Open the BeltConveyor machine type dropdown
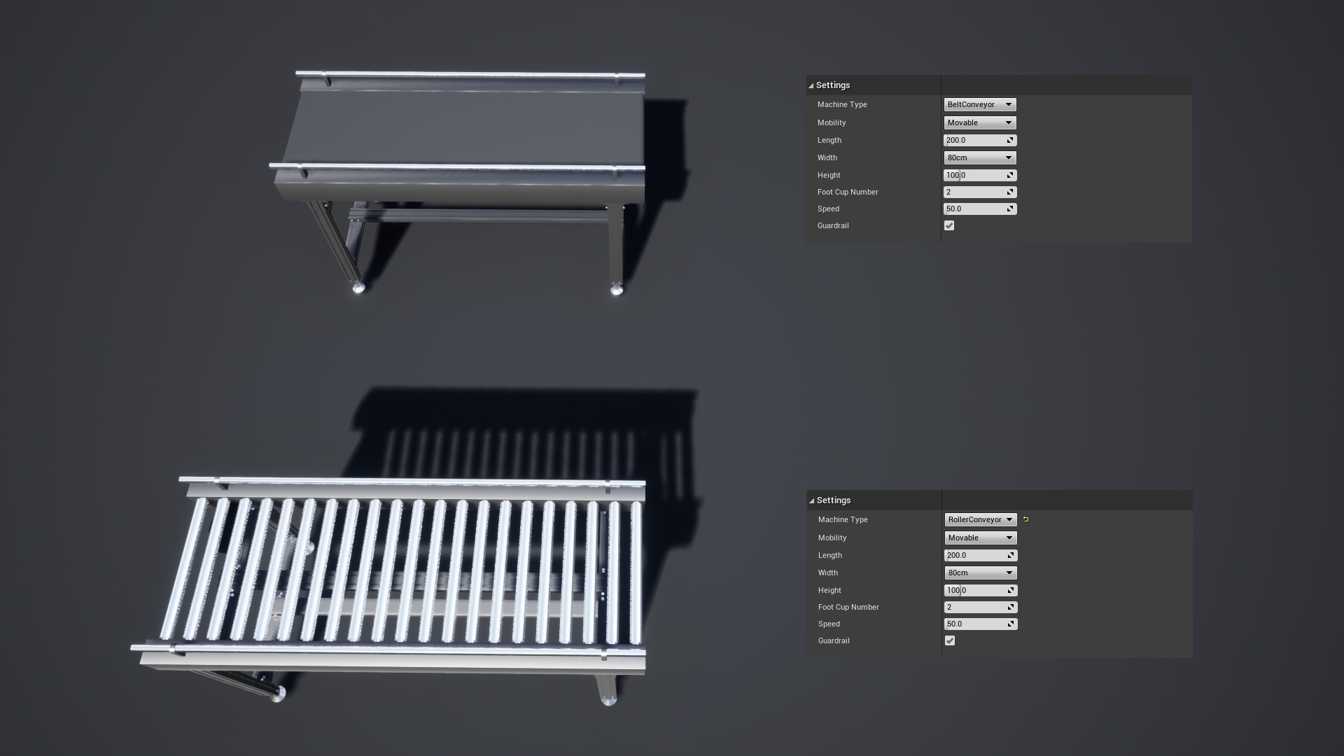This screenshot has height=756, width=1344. point(979,104)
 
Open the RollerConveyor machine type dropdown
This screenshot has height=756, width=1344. point(980,519)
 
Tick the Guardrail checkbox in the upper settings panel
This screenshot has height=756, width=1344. point(949,225)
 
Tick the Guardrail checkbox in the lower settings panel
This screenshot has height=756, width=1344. point(950,640)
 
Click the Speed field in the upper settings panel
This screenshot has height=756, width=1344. point(979,209)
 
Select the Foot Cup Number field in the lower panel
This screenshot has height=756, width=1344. point(980,607)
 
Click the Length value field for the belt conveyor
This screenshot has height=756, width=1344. point(979,140)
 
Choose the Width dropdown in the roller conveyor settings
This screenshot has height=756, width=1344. point(980,573)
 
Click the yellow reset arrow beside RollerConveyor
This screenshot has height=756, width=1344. point(1026,519)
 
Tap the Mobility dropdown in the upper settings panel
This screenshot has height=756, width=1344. point(979,122)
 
